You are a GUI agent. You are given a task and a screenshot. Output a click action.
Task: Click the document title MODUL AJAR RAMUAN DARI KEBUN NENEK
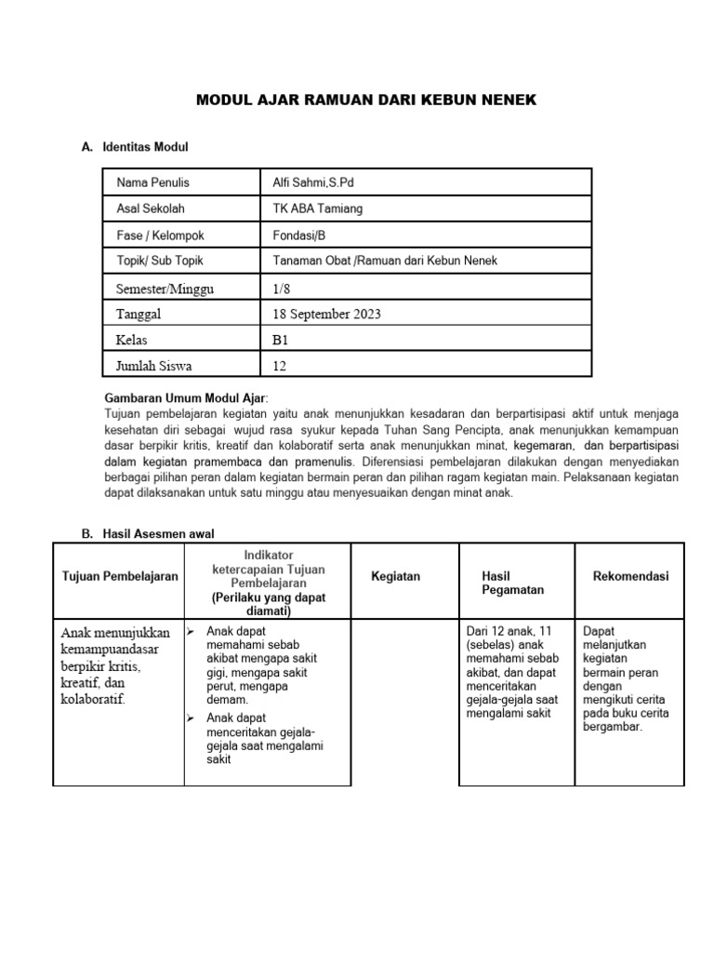(x=366, y=100)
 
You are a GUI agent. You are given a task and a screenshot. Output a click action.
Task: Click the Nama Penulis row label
(x=152, y=182)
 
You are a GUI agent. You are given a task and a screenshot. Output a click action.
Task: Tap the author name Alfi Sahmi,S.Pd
(x=313, y=182)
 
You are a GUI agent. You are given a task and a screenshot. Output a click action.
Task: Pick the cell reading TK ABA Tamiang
(x=318, y=208)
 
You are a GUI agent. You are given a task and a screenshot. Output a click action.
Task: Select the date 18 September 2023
(x=326, y=314)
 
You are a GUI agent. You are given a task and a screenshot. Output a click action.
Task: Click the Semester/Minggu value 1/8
(x=281, y=288)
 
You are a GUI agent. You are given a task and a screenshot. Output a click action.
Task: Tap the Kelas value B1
(x=281, y=340)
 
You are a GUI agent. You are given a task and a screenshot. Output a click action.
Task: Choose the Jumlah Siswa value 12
(x=280, y=366)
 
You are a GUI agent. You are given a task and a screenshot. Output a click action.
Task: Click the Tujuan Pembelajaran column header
(x=119, y=577)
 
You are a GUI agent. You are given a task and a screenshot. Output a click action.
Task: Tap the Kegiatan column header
(x=395, y=576)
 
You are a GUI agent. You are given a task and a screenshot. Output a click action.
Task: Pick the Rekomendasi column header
(x=630, y=576)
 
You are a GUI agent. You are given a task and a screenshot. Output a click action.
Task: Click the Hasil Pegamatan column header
(x=512, y=583)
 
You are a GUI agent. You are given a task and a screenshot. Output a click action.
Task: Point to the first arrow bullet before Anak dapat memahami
(x=192, y=632)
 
